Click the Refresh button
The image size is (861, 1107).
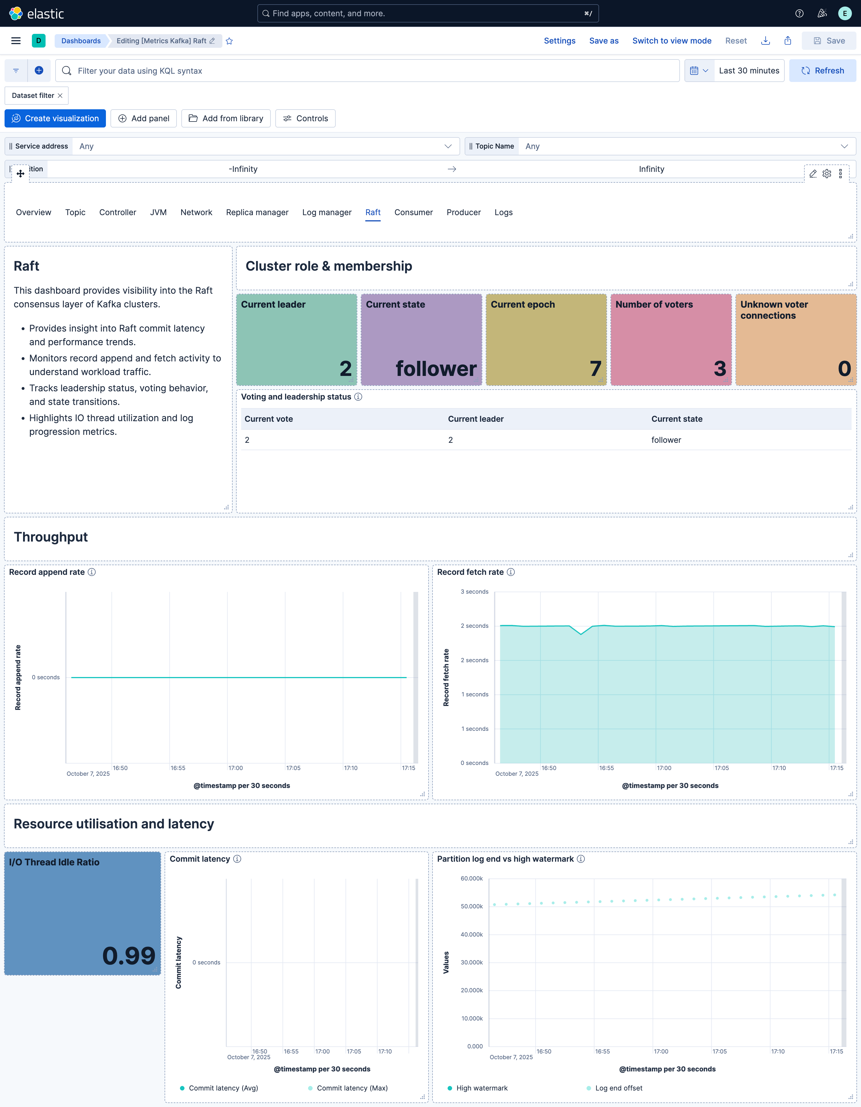(823, 71)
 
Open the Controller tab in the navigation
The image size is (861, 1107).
(118, 212)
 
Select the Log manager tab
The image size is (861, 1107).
(327, 212)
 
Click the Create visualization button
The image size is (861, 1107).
(55, 118)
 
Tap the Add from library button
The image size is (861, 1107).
(226, 118)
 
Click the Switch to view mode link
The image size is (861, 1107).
(671, 40)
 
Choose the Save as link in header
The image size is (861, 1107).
(603, 40)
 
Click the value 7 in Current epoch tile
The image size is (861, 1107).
(595, 369)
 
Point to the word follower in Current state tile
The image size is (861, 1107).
(436, 369)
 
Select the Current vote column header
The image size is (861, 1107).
(269, 419)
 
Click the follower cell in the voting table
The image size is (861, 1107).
(666, 440)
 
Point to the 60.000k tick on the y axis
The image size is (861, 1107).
(471, 878)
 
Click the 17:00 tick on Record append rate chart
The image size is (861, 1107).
(235, 768)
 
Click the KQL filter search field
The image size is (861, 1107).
(375, 71)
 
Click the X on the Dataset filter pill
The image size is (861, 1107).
(60, 95)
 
